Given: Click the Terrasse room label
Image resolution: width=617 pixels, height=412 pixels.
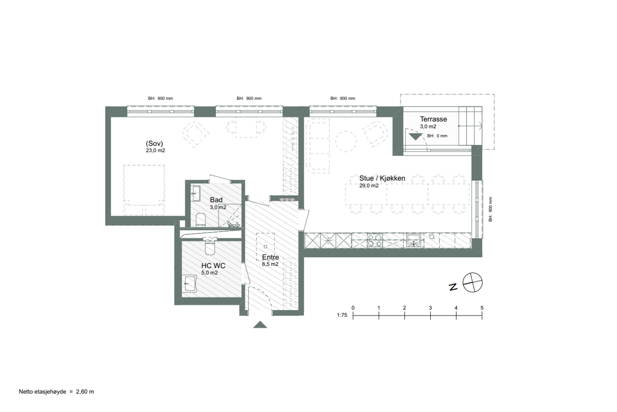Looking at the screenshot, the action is pos(433,119).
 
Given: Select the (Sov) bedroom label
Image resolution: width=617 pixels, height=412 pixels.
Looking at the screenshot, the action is pos(154,143).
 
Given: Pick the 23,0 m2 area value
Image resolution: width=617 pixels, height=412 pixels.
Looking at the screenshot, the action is pos(155,151).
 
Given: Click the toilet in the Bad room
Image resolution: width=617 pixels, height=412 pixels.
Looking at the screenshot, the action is pos(201,220).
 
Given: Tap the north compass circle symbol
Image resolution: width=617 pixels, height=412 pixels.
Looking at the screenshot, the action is pos(472,283).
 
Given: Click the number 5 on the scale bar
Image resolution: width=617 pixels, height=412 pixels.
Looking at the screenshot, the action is pos(482,308).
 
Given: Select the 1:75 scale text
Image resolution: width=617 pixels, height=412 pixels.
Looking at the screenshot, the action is pos(342,315).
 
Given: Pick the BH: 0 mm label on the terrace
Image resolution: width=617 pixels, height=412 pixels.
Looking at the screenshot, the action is pos(437,136).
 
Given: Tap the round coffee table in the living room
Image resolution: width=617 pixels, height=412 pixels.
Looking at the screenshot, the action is pos(346,141).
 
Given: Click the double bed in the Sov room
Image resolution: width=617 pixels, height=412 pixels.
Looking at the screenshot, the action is pos(144,190).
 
